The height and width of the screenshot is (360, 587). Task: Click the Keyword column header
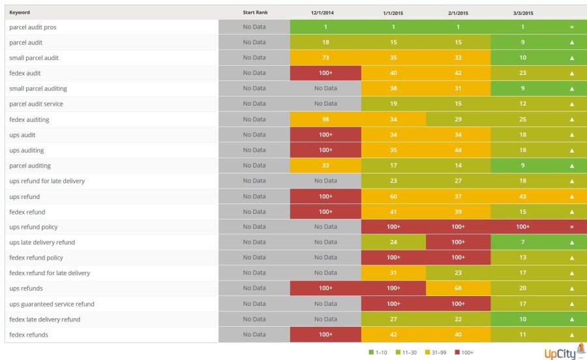pyautogui.click(x=20, y=12)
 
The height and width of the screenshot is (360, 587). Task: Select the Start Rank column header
pyautogui.click(x=254, y=12)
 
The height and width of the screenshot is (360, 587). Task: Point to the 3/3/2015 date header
pyautogui.click(x=522, y=12)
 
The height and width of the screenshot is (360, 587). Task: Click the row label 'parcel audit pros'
pyautogui.click(x=33, y=27)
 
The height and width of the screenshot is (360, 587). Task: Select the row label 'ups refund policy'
pyautogui.click(x=33, y=227)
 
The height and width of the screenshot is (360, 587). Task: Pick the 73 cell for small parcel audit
pyautogui.click(x=325, y=58)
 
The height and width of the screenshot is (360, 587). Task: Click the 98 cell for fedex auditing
pyautogui.click(x=325, y=119)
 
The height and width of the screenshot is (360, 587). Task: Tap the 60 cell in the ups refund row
pyautogui.click(x=393, y=196)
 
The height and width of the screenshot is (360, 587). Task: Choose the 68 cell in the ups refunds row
pyautogui.click(x=458, y=288)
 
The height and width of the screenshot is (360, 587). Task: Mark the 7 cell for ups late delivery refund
pyautogui.click(x=522, y=243)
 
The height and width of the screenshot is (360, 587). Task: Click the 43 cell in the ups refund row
pyautogui.click(x=522, y=196)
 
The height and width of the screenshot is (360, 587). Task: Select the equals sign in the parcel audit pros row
pyautogui.click(x=571, y=27)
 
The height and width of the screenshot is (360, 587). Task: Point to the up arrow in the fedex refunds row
pyautogui.click(x=571, y=335)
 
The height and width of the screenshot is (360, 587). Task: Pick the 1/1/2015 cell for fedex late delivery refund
pyautogui.click(x=393, y=320)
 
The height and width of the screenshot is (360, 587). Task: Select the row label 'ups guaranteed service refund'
pyautogui.click(x=52, y=304)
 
